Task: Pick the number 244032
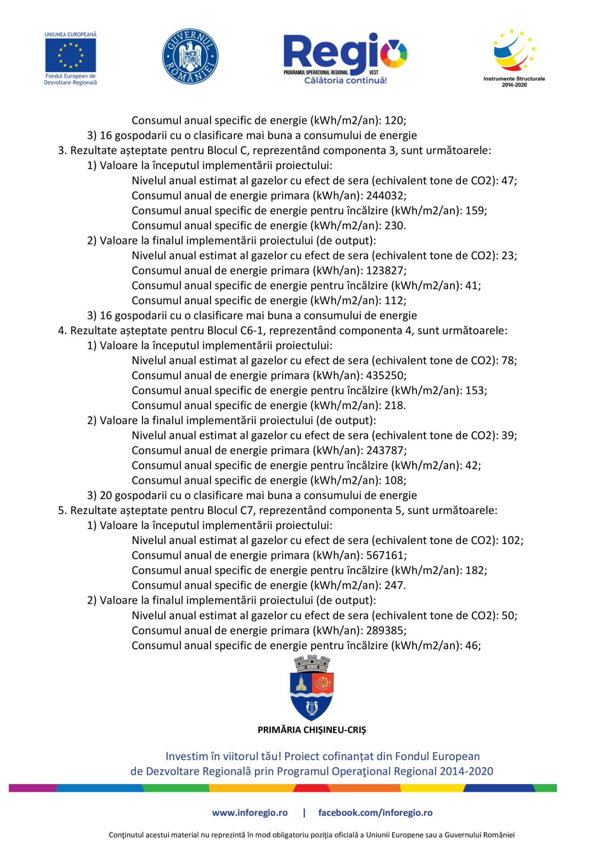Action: (x=385, y=196)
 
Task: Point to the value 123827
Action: (x=385, y=270)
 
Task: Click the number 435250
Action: (x=385, y=375)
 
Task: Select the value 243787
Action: (x=385, y=450)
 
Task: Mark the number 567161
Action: (x=385, y=555)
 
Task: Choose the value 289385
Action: (x=385, y=630)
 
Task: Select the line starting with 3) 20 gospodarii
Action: (x=251, y=496)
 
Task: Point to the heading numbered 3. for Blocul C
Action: (x=274, y=151)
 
